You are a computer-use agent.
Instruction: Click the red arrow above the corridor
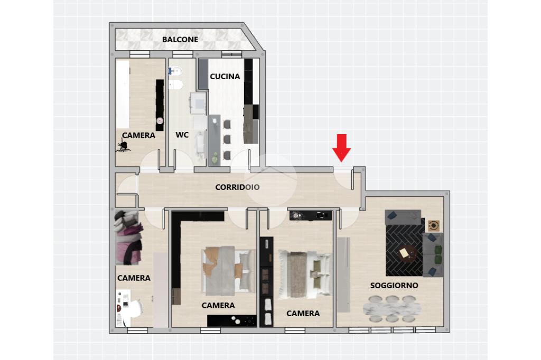[x=342, y=148]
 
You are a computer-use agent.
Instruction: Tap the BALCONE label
[x=180, y=39]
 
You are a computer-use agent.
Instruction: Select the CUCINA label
[x=225, y=76]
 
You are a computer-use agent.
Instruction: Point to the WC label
[x=182, y=135]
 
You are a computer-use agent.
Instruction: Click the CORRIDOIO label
[x=237, y=187]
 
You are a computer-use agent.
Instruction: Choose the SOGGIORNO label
[x=394, y=286]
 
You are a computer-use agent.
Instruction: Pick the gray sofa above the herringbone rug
[x=403, y=217]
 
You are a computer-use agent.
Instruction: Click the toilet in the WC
[x=176, y=71]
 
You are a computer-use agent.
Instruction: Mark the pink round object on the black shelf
[x=160, y=121]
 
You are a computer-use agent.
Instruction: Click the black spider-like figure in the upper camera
[x=123, y=146]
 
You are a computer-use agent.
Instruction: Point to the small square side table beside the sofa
[x=434, y=226]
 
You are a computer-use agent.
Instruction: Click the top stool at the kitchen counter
[x=227, y=124]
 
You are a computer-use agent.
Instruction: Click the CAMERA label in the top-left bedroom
[x=138, y=135]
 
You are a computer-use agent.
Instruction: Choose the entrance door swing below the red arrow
[x=343, y=179]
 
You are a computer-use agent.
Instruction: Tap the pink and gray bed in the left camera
[x=128, y=238]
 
